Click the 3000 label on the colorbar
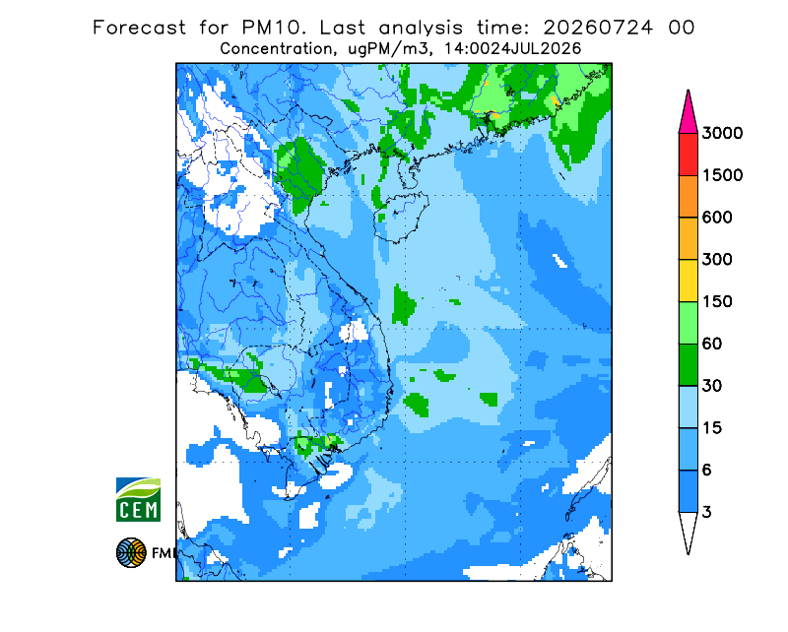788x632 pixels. pyautogui.click(x=722, y=133)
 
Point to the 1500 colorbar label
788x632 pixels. pyautogui.click(x=722, y=175)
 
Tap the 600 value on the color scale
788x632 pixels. pyautogui.click(x=717, y=218)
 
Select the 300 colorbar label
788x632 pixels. pyautogui.click(x=717, y=260)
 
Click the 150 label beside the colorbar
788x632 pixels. pyautogui.click(x=717, y=302)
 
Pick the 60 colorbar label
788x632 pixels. pyautogui.click(x=711, y=345)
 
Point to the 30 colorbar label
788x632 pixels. pyautogui.click(x=711, y=386)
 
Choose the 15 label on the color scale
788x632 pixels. pyautogui.click(x=711, y=428)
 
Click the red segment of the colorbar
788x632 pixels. pyautogui.click(x=688, y=155)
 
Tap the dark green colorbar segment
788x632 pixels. pyautogui.click(x=688, y=365)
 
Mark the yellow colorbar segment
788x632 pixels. pyautogui.click(x=688, y=281)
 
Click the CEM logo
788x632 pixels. pyautogui.click(x=138, y=499)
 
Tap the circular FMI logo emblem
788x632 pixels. pyautogui.click(x=131, y=552)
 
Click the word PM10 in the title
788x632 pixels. pyautogui.click(x=274, y=28)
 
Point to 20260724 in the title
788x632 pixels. pyautogui.click(x=598, y=28)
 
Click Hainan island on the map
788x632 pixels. pyautogui.click(x=401, y=217)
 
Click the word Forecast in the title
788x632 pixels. pyautogui.click(x=139, y=28)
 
